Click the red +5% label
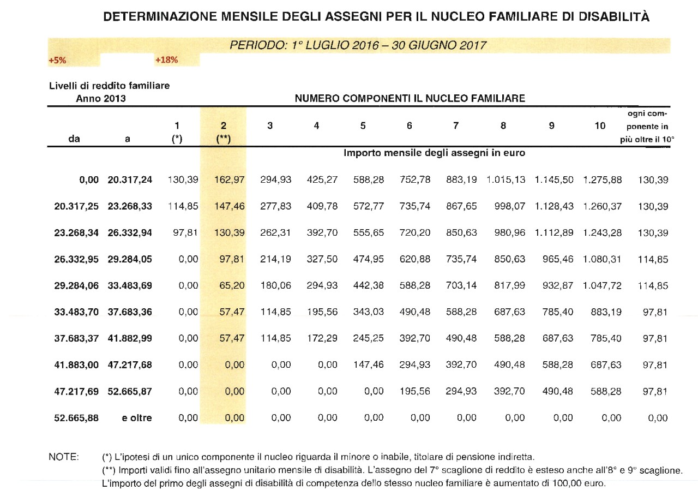click(57, 61)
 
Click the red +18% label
click(166, 60)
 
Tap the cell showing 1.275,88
click(602, 180)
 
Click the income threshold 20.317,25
click(76, 206)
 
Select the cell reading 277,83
click(277, 206)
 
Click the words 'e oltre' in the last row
click(136, 418)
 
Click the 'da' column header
click(75, 139)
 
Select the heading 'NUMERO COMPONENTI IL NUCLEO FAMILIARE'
click(410, 99)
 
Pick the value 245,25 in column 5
click(370, 338)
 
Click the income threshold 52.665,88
click(76, 418)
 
